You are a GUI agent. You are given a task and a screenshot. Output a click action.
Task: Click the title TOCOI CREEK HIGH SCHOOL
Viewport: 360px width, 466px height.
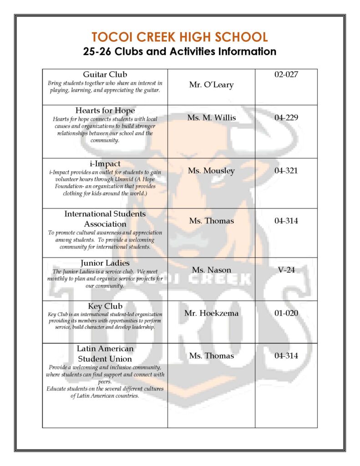pyautogui.click(x=180, y=37)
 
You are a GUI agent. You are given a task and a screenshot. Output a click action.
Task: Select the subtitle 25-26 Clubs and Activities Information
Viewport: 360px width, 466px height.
pyautogui.click(x=180, y=51)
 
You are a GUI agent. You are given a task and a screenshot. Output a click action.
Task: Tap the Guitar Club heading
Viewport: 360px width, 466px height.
pyautogui.click(x=105, y=75)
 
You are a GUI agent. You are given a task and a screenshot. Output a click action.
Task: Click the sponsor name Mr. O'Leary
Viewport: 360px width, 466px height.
pyautogui.click(x=211, y=85)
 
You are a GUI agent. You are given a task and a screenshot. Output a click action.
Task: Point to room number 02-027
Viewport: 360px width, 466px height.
pyautogui.click(x=286, y=75)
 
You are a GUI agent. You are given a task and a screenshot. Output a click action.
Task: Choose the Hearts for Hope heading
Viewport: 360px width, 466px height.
pyautogui.click(x=105, y=111)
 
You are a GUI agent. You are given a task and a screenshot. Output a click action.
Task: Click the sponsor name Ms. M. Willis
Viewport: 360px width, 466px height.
pyautogui.click(x=211, y=118)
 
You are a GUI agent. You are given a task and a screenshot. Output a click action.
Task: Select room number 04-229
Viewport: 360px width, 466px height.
pyautogui.click(x=286, y=118)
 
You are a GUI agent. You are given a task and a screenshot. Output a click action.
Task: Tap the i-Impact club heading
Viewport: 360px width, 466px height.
pyautogui.click(x=105, y=163)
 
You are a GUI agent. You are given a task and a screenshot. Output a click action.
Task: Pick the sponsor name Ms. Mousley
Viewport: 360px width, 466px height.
pyautogui.click(x=211, y=171)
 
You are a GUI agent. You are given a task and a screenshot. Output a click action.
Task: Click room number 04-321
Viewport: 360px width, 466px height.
pyautogui.click(x=286, y=171)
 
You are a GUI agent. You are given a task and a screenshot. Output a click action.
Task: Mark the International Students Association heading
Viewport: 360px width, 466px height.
pyautogui.click(x=105, y=219)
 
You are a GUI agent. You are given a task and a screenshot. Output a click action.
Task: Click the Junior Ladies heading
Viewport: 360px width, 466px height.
pyautogui.click(x=105, y=263)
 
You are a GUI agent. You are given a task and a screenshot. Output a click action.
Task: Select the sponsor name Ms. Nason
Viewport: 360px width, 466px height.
pyautogui.click(x=211, y=270)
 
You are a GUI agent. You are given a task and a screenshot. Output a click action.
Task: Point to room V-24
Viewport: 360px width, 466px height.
pyautogui.click(x=286, y=270)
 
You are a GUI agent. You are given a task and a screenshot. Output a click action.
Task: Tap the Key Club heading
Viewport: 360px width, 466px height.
pyautogui.click(x=105, y=306)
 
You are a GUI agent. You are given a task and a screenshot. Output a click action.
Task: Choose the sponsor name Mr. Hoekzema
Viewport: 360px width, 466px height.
pyautogui.click(x=211, y=313)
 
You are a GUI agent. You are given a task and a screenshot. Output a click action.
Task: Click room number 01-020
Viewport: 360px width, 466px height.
pyautogui.click(x=286, y=313)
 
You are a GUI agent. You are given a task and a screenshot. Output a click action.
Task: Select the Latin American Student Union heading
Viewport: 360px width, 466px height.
pyautogui.click(x=105, y=354)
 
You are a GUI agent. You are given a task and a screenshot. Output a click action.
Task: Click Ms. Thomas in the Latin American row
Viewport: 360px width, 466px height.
pyautogui.click(x=211, y=356)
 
